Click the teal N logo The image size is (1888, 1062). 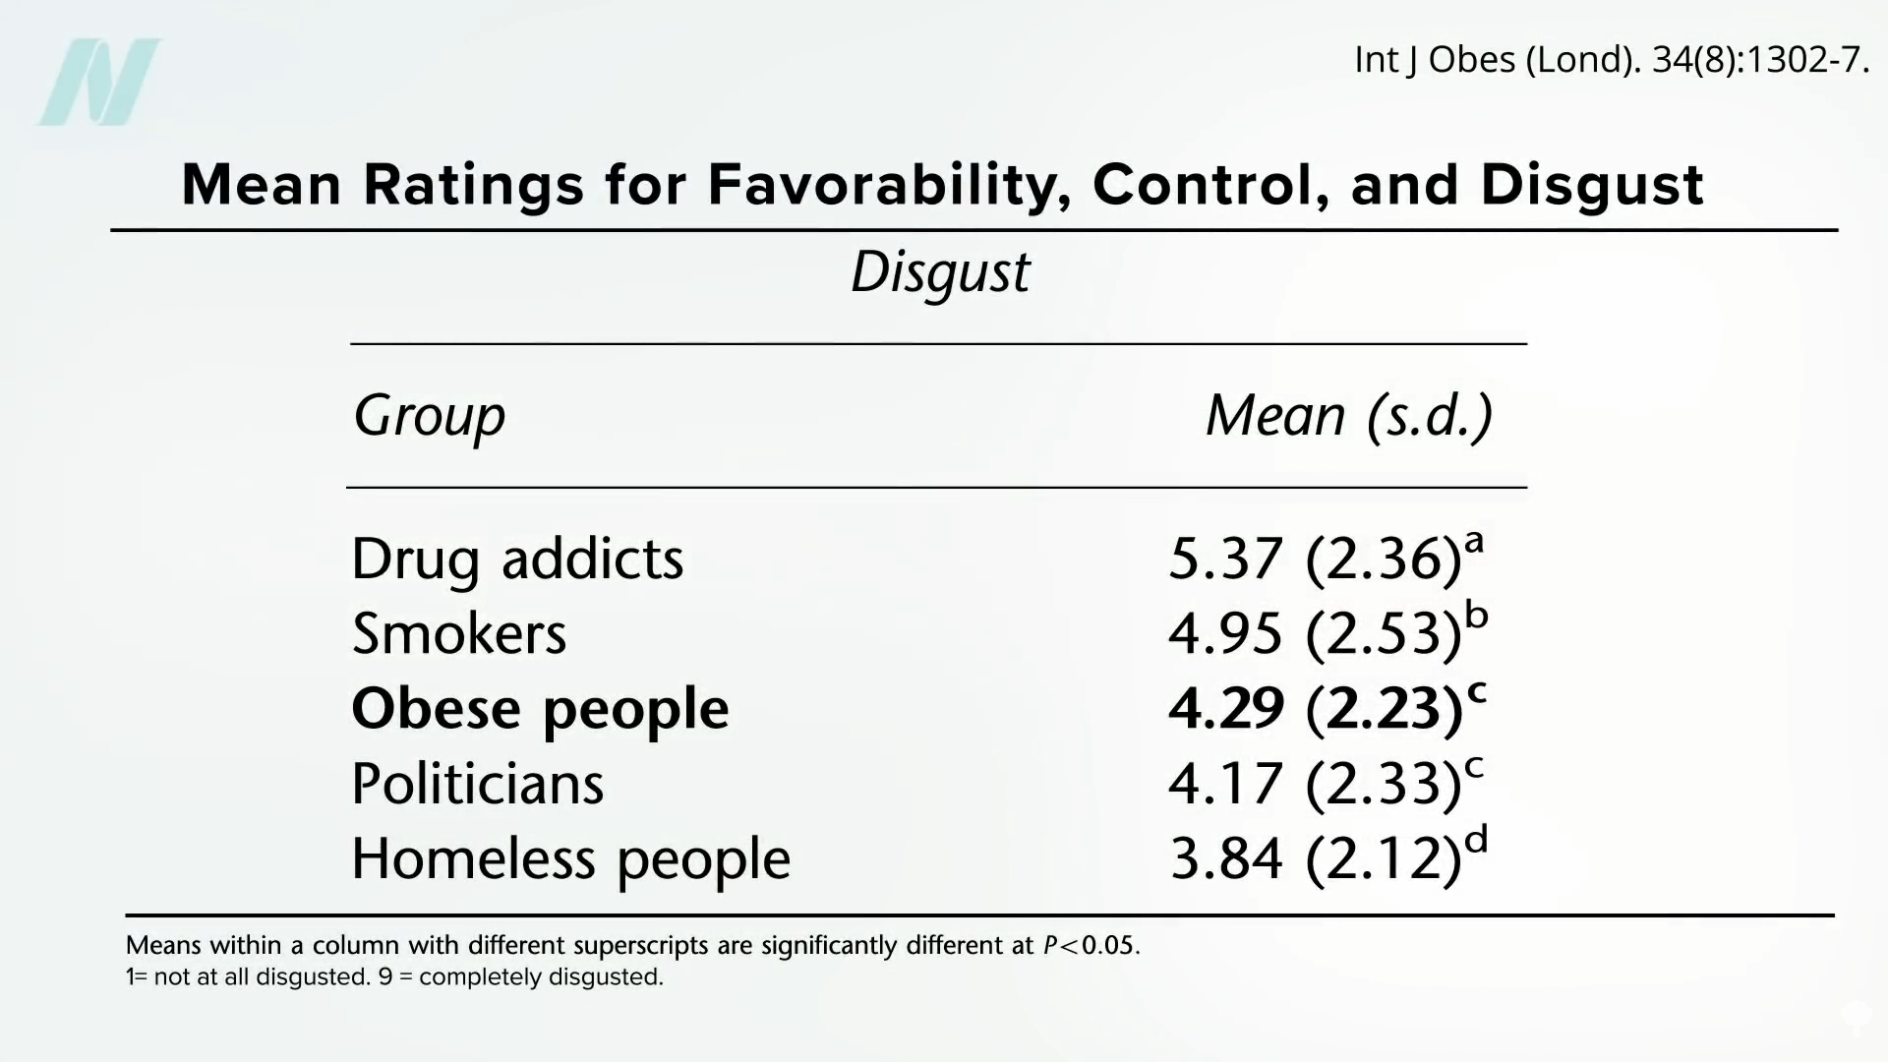point(99,82)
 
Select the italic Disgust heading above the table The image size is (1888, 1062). point(940,272)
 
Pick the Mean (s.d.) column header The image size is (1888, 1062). point(1349,416)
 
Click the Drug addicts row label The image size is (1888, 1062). point(517,560)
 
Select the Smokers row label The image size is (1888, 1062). point(459,634)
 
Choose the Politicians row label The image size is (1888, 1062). point(477,784)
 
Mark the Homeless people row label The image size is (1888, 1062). point(570,859)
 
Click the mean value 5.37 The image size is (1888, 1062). point(1225,560)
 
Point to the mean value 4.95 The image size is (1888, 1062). point(1225,634)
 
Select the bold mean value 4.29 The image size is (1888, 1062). point(1226,709)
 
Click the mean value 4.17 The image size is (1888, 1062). point(1225,784)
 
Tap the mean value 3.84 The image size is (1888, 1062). point(1226,858)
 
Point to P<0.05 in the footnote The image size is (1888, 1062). point(1091,946)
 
